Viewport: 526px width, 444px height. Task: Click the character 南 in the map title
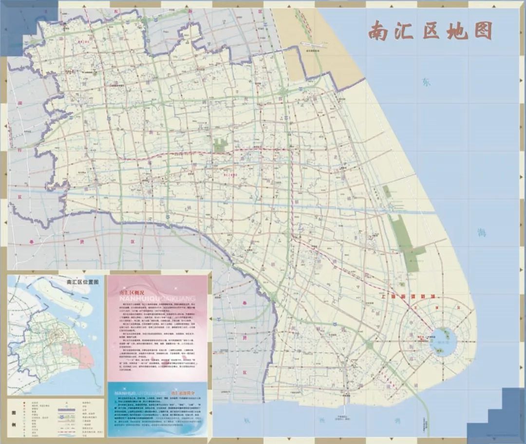coord(378,31)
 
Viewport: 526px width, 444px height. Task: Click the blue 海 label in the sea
coord(481,232)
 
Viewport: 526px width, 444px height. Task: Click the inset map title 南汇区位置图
coord(82,282)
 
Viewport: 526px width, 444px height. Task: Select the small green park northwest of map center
coord(221,145)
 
